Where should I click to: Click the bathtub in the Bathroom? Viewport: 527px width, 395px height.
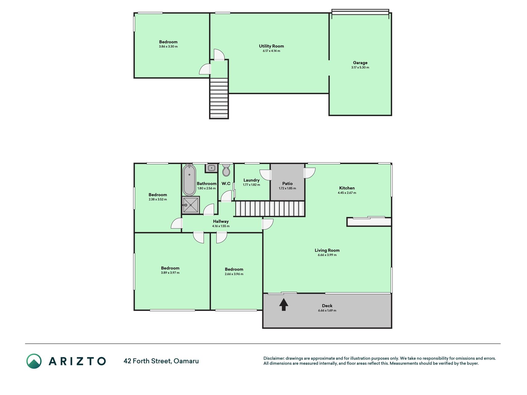coord(189,180)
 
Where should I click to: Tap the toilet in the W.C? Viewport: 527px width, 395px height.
coord(226,170)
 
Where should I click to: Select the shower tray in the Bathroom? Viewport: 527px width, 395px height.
coord(190,205)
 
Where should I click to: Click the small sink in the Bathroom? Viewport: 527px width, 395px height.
coord(211,168)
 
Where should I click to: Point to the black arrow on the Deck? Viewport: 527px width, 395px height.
coord(284,305)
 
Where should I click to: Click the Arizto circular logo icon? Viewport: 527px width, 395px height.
coord(34,361)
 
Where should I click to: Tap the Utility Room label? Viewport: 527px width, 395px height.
coord(271,46)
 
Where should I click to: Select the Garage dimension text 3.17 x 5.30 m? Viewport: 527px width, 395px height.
coord(360,68)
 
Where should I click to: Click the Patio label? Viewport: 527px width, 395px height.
coord(287,184)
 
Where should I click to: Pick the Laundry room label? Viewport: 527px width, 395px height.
coord(251,180)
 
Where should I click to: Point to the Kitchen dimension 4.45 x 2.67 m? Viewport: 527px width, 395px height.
coord(347,193)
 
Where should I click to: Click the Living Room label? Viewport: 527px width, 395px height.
coord(327,250)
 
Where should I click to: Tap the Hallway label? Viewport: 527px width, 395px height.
coord(221,221)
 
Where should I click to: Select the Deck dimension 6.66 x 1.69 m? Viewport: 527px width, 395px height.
coord(327,310)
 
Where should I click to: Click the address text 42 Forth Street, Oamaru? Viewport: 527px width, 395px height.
coord(161,361)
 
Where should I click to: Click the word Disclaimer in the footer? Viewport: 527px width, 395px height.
coord(274,358)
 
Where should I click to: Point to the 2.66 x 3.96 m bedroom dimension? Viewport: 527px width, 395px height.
coord(234,274)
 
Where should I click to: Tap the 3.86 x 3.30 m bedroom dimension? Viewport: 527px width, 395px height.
coord(168,47)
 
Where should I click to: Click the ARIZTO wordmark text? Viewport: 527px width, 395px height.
coord(77,361)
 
